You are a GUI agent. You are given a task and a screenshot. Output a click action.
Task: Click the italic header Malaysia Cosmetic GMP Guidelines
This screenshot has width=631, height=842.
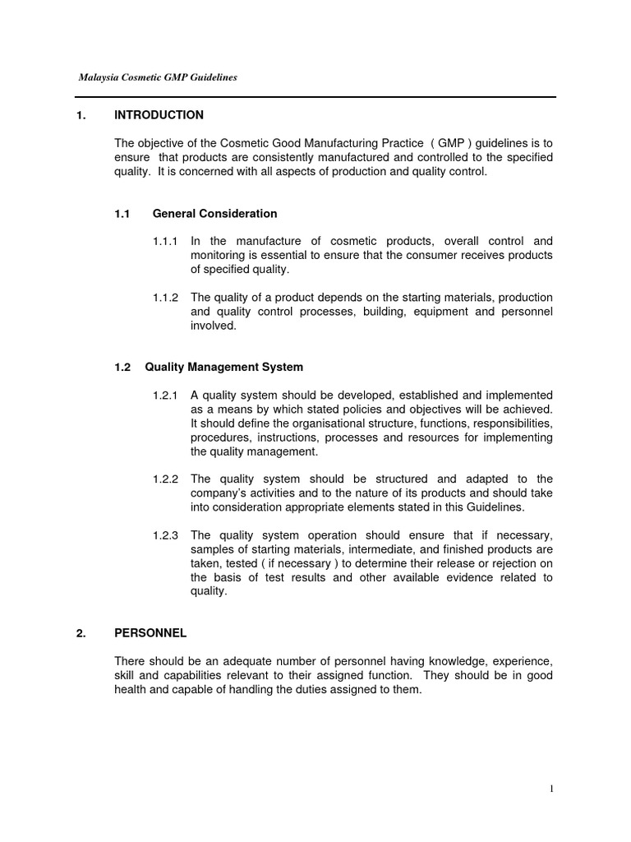pyautogui.click(x=158, y=77)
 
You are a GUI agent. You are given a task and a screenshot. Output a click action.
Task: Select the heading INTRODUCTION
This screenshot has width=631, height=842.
pyautogui.click(x=159, y=115)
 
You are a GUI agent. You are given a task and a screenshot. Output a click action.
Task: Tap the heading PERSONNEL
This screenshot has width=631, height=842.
pyautogui.click(x=150, y=633)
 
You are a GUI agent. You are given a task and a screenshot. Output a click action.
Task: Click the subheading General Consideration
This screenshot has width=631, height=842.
pyautogui.click(x=214, y=214)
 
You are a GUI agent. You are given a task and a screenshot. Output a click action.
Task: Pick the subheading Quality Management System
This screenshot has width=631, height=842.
pyautogui.click(x=224, y=367)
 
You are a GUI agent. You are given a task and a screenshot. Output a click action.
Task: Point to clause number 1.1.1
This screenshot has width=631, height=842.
pyautogui.click(x=165, y=241)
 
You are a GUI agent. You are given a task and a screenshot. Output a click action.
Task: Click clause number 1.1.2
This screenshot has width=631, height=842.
pyautogui.click(x=165, y=297)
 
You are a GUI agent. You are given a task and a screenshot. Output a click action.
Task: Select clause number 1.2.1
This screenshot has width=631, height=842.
pyautogui.click(x=165, y=396)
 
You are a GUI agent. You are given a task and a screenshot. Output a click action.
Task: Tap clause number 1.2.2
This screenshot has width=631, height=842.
pyautogui.click(x=165, y=479)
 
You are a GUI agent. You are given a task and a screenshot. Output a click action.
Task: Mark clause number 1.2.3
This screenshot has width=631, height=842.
pyautogui.click(x=165, y=534)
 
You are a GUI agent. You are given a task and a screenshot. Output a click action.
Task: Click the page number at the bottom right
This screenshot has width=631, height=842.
pyautogui.click(x=551, y=789)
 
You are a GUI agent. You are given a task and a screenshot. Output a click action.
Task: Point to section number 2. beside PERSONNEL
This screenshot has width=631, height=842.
pyautogui.click(x=81, y=633)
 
